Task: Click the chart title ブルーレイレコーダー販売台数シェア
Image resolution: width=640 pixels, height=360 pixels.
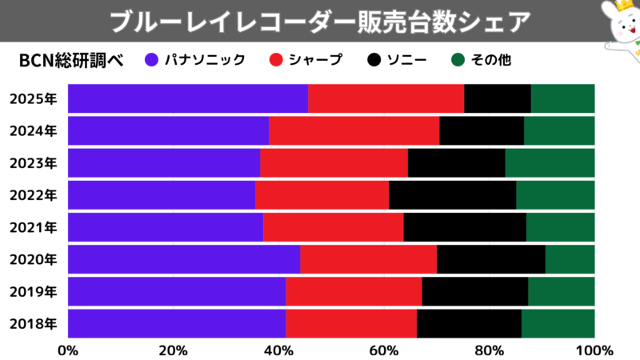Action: [x=319, y=21]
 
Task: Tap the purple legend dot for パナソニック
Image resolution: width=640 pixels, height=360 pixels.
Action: [x=151, y=59]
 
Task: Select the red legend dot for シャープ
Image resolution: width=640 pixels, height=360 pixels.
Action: [x=275, y=59]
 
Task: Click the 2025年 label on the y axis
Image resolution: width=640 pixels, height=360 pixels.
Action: [x=33, y=98]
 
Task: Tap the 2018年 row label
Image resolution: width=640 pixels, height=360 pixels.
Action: [x=33, y=323]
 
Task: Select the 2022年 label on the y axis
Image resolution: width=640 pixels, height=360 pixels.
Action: [x=33, y=194]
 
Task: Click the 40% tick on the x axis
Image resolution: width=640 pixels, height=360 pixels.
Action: [x=278, y=350]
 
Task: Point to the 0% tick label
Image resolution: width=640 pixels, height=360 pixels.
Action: [x=68, y=350]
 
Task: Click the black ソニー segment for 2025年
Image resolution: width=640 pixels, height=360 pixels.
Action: [x=497, y=98]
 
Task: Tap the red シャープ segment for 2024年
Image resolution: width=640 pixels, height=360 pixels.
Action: [x=354, y=130]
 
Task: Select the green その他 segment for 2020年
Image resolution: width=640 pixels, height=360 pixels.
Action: [x=570, y=259]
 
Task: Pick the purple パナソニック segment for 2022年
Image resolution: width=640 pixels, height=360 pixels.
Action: [x=162, y=194]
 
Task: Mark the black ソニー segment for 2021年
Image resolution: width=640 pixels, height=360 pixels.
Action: [x=465, y=227]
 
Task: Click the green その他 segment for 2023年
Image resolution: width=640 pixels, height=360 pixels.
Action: [x=550, y=162]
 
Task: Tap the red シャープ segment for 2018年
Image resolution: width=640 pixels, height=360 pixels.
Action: [x=351, y=323]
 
